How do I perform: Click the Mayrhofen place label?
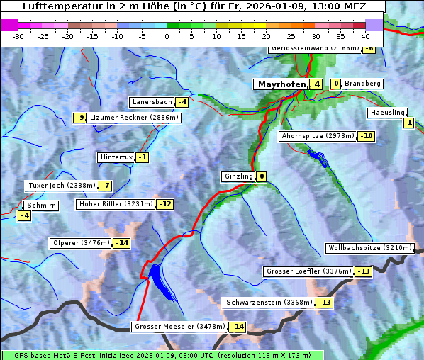[x=281, y=84]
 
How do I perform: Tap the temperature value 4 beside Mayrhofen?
[x=316, y=84]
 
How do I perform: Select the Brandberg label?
[x=362, y=84]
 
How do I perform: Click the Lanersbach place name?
[x=152, y=102]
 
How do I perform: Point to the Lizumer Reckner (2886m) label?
[x=134, y=118]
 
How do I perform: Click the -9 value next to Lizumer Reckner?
[x=80, y=118]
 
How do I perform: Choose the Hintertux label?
[x=117, y=157]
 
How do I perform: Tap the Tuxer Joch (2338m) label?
[x=60, y=186]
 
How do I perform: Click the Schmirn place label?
[x=42, y=205]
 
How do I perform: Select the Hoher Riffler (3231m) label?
[x=115, y=204]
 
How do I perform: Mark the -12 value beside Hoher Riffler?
[x=164, y=204]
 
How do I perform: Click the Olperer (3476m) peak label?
[x=81, y=243]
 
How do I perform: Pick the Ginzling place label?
[x=238, y=176]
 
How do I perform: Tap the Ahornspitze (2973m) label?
[x=318, y=135]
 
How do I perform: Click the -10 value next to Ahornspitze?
[x=366, y=135]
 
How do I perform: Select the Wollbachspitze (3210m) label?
[x=369, y=248]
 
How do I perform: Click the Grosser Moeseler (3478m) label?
[x=179, y=327]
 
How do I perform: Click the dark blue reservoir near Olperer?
[x=159, y=279]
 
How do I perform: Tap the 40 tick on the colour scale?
[x=365, y=35]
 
